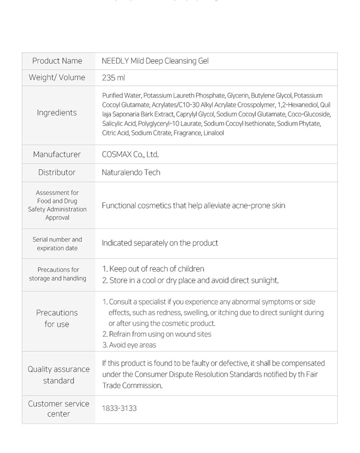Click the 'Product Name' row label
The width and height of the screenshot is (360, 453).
pyautogui.click(x=57, y=61)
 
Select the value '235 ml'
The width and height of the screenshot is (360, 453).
pyautogui.click(x=113, y=78)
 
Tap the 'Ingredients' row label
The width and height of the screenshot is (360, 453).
pyautogui.click(x=57, y=113)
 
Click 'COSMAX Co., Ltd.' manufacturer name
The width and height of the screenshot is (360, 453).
pyautogui.click(x=130, y=155)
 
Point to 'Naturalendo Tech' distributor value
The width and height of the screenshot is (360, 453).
pyautogui.click(x=131, y=172)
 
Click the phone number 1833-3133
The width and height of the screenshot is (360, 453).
pyautogui.click(x=119, y=408)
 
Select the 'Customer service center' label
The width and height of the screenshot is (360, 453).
pyautogui.click(x=59, y=409)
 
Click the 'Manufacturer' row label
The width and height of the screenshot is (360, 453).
pyautogui.click(x=57, y=155)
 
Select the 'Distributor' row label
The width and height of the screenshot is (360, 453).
pyautogui.click(x=57, y=172)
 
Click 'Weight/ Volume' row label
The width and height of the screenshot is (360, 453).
pyautogui.click(x=57, y=78)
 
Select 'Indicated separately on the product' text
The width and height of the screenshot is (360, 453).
pyautogui.click(x=160, y=243)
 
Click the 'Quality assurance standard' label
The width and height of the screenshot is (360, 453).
pyautogui.click(x=59, y=375)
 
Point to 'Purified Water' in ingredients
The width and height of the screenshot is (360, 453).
pyautogui.click(x=121, y=95)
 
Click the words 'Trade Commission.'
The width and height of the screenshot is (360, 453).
pyautogui.click(x=132, y=386)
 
